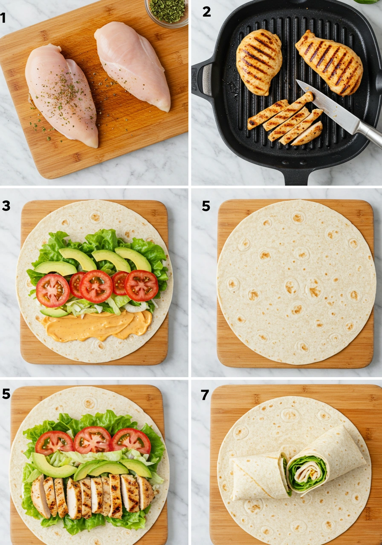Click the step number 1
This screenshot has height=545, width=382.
(x=3, y=17)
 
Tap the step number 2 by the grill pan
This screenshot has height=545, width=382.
(x=206, y=11)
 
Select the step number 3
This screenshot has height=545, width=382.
(x=6, y=206)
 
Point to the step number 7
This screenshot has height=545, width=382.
(x=205, y=395)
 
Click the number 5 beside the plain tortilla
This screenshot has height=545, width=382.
(x=206, y=206)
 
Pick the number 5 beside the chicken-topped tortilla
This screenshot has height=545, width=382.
(x=6, y=394)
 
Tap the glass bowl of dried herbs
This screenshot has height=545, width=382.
(x=167, y=11)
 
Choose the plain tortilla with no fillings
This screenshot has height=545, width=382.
(x=296, y=282)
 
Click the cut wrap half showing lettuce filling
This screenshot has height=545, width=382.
(x=324, y=462)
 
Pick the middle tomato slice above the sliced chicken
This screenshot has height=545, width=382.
(x=93, y=440)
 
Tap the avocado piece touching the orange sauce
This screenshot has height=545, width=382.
(x=54, y=313)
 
